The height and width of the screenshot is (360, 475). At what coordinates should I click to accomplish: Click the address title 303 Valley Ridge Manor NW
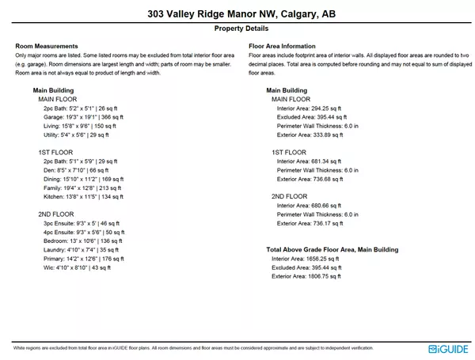coord(237,14)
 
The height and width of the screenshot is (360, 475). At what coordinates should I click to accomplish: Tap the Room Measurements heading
coord(47,46)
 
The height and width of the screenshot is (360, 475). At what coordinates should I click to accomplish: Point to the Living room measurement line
coord(79,126)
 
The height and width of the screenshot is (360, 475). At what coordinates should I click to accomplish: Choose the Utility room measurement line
coord(76,135)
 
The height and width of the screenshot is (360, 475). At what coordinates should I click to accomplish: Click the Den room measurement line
coord(75,170)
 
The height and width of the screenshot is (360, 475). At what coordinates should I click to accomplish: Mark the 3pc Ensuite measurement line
coord(82,224)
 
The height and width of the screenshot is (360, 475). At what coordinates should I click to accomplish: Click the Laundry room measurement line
coord(80,250)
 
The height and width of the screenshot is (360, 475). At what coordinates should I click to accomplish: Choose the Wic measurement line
coord(77,268)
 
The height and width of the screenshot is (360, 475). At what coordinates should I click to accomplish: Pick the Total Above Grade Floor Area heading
coord(332,249)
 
